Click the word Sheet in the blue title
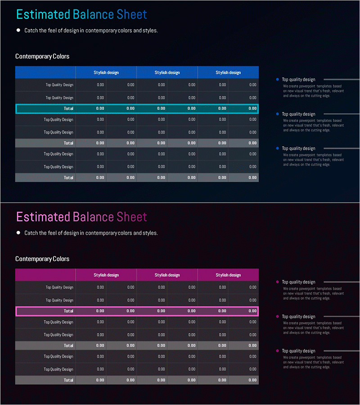pyautogui.click(x=132, y=14)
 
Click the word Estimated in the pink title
pyautogui.click(x=43, y=217)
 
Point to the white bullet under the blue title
pyautogui.click(x=18, y=31)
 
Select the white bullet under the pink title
pyautogui.click(x=18, y=233)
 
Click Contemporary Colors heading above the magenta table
pyautogui.click(x=42, y=259)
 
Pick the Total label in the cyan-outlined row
pyautogui.click(x=68, y=108)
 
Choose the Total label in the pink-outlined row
pyautogui.click(x=68, y=311)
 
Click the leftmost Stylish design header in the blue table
pyautogui.click(x=106, y=72)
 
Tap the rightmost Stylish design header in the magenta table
pyautogui.click(x=228, y=275)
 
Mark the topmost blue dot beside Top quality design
pyautogui.click(x=278, y=80)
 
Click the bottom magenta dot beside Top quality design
pyautogui.click(x=278, y=351)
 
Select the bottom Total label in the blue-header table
pyautogui.click(x=68, y=178)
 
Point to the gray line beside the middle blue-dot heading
pyautogui.click(x=341, y=114)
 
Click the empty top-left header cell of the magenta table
pyautogui.click(x=45, y=275)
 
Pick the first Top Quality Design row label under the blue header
pyautogui.click(x=59, y=85)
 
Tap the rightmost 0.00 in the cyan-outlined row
pyautogui.click(x=252, y=108)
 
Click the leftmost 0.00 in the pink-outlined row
pyautogui.click(x=100, y=311)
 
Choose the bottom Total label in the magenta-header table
pyautogui.click(x=68, y=380)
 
